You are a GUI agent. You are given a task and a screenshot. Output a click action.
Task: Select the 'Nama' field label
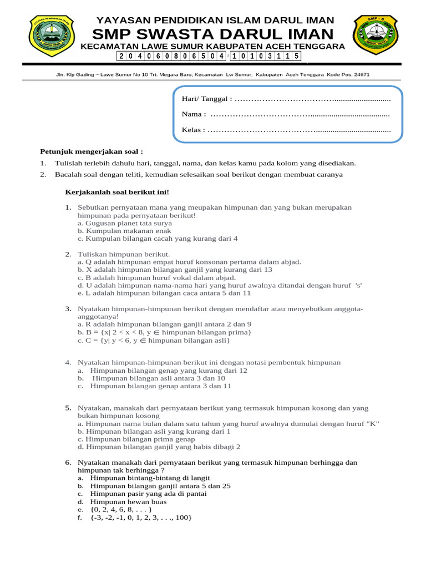point(194,114)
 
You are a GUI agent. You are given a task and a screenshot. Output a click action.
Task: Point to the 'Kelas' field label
point(194,130)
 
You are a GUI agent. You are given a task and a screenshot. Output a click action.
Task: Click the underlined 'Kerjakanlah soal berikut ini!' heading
point(117,192)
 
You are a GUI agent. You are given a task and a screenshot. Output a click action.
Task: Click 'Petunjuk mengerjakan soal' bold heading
point(92,151)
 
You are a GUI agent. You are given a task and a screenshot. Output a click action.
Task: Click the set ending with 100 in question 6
point(141,517)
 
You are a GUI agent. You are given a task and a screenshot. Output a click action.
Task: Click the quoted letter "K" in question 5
point(374,423)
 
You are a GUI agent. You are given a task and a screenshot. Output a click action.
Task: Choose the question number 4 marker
point(68,362)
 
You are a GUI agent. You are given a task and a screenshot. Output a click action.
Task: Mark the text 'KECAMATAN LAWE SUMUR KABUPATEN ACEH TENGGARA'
point(212,46)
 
